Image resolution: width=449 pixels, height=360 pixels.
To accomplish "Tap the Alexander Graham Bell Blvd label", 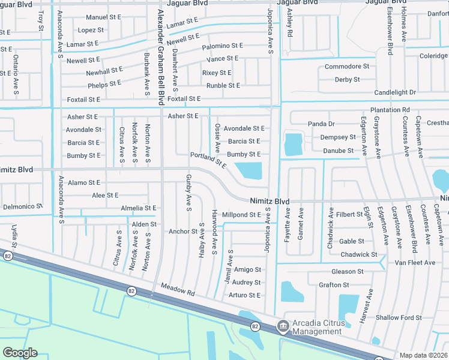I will click(x=160, y=57).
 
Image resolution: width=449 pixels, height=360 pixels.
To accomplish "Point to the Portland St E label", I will click(x=208, y=160).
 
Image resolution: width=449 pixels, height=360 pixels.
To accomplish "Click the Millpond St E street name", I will click(x=241, y=214).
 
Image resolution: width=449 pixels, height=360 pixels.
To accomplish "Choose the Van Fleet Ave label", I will click(x=415, y=263).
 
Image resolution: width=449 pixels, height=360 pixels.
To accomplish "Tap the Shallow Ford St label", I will click(x=398, y=317).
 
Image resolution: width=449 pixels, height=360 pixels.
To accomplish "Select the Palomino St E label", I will click(x=222, y=46).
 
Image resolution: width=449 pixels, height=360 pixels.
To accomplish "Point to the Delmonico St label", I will click(x=23, y=206).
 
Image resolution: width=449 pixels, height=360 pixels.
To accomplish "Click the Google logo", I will click(x=19, y=352).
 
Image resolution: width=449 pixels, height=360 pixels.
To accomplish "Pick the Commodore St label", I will click(x=346, y=66).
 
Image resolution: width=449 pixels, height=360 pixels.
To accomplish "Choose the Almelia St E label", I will click(x=138, y=208).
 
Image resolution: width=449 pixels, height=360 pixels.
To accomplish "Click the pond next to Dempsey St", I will click(x=293, y=144).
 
